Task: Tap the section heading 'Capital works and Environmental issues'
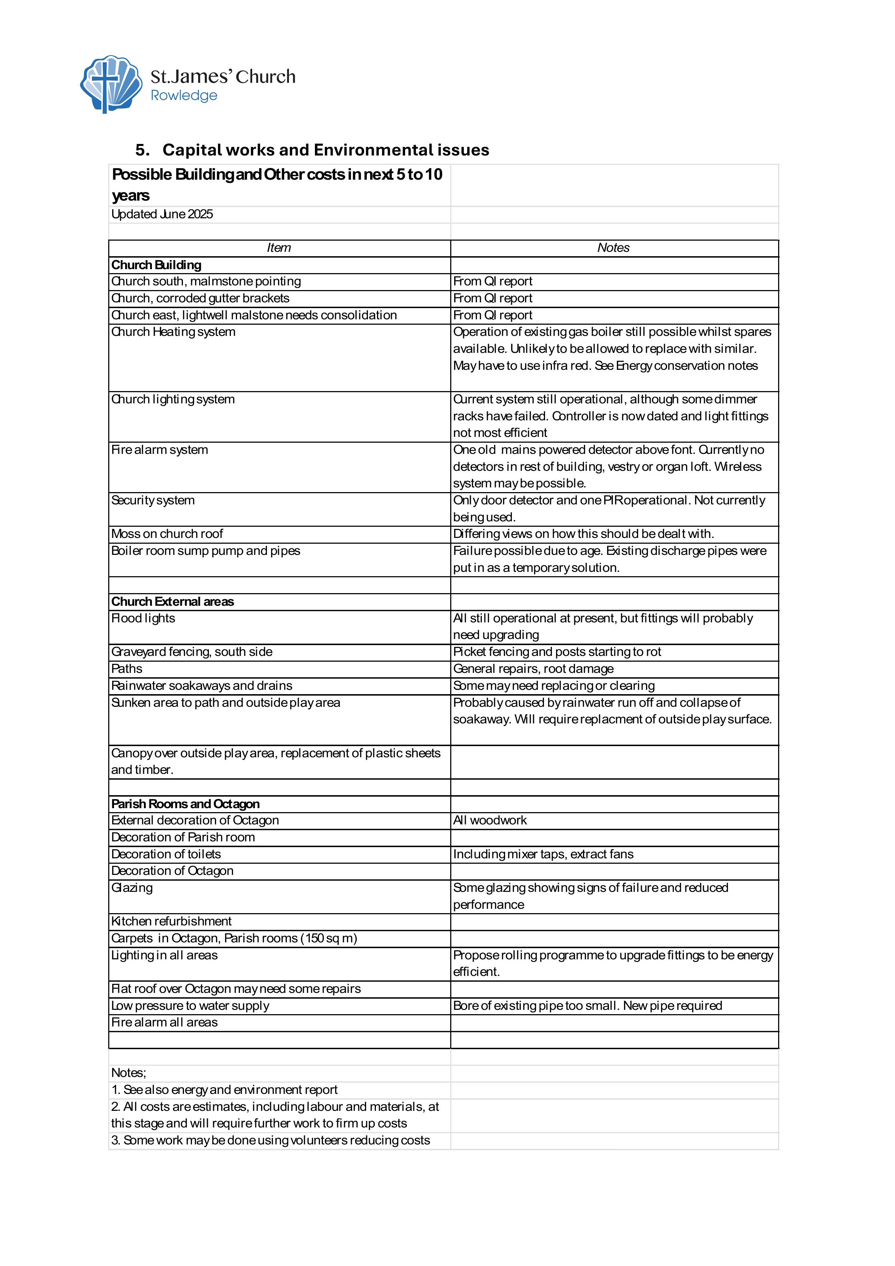pos(325,150)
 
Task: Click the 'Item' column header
pos(278,248)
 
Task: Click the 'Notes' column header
pos(613,248)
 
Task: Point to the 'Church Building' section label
pos(156,265)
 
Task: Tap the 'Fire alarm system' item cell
pos(160,450)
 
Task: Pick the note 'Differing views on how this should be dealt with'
pos(583,534)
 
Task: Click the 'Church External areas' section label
pos(172,601)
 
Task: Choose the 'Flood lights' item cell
pos(143,619)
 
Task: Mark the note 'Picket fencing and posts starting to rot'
pos(557,652)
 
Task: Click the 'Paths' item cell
pos(127,669)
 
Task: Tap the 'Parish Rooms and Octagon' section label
pos(185,804)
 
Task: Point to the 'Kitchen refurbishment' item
pos(171,921)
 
